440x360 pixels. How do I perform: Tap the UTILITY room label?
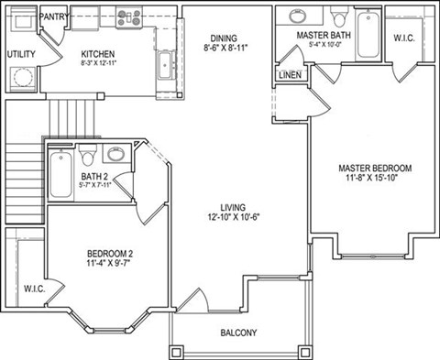21,54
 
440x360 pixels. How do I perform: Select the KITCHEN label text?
98,54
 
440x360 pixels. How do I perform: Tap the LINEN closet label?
290,75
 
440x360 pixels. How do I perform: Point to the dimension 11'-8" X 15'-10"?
374,180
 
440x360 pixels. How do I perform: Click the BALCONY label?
238,333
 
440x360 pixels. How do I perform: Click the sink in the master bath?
301,16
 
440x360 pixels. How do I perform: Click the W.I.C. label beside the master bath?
404,38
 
